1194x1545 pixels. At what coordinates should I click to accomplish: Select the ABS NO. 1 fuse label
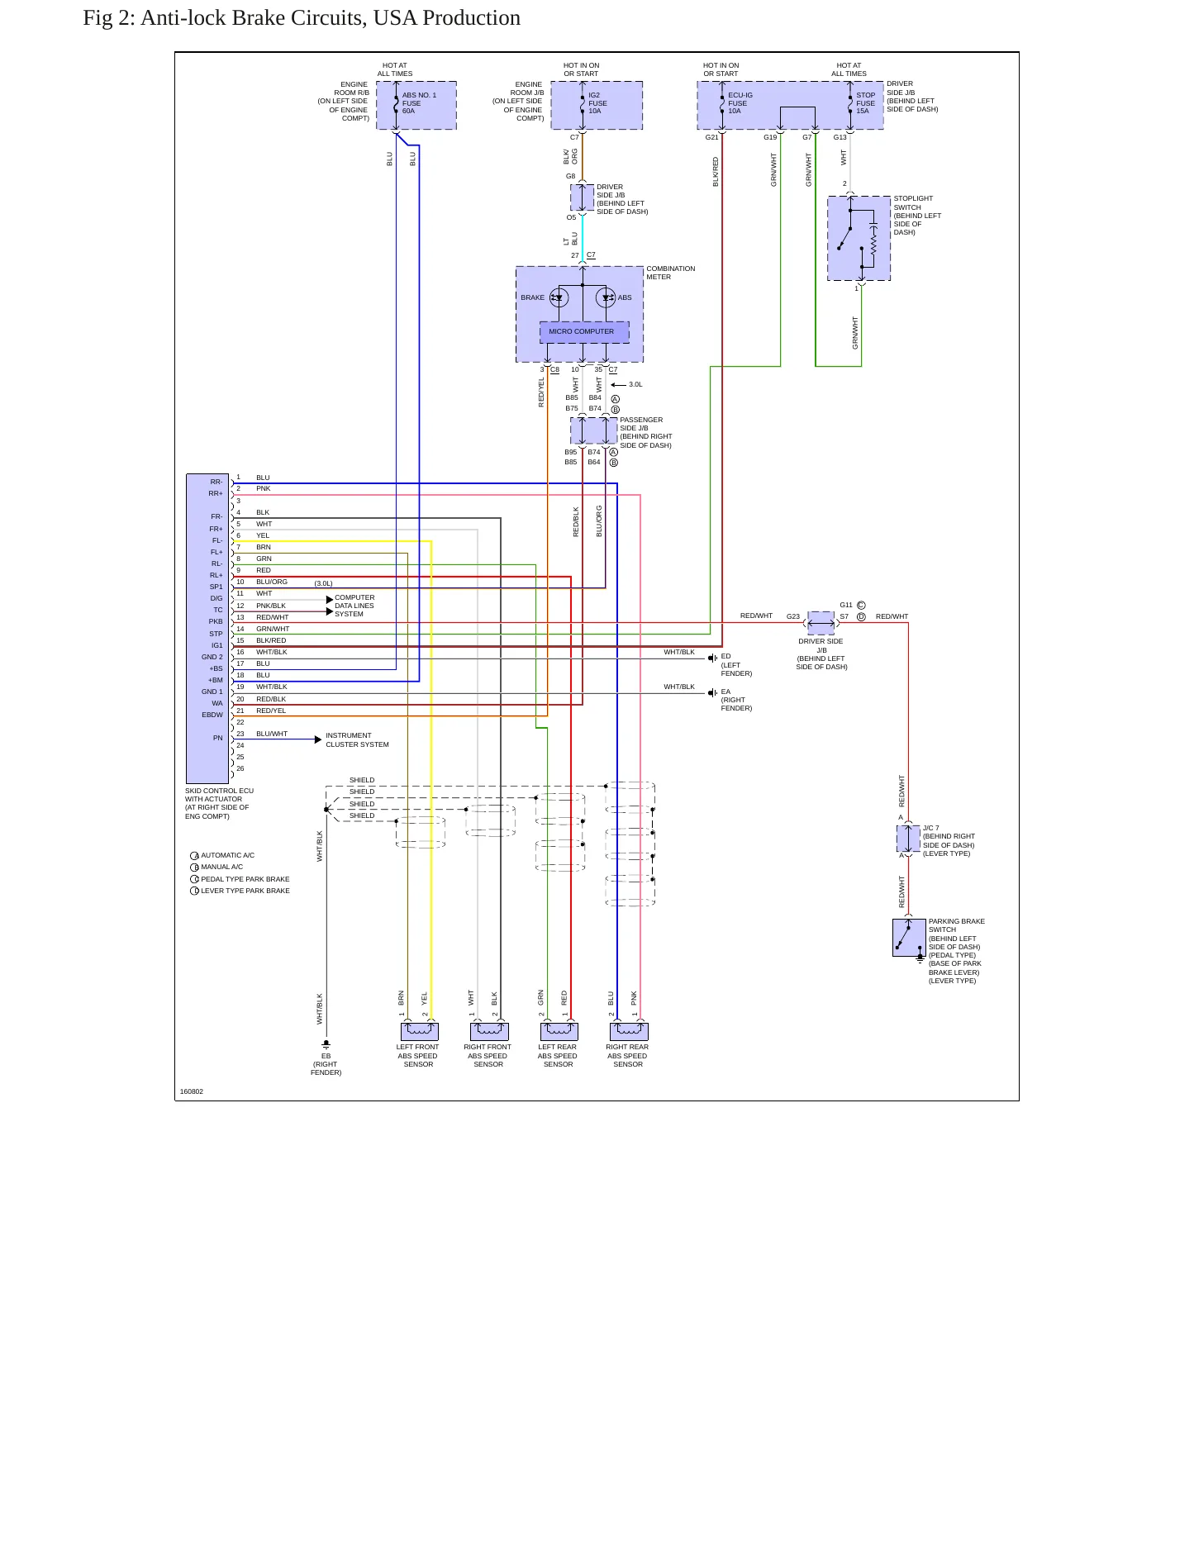click(419, 103)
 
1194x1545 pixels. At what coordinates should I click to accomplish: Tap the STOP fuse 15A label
click(865, 103)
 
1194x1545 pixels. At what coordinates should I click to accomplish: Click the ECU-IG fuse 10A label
click(740, 103)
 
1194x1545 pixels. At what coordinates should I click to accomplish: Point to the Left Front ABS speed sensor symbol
click(419, 1031)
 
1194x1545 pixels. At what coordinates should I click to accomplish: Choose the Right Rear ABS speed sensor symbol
click(628, 1031)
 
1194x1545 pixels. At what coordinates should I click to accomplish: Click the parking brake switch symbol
click(909, 938)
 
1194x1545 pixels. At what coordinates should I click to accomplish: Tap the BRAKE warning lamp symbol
click(559, 297)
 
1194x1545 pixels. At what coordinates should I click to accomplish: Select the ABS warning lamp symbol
click(606, 297)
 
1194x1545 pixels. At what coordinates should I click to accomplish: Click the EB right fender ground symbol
click(326, 1044)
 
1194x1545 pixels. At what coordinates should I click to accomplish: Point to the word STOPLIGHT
click(913, 198)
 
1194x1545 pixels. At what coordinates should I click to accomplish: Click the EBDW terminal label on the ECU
click(212, 715)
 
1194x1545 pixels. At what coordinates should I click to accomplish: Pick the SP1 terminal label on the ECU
click(216, 587)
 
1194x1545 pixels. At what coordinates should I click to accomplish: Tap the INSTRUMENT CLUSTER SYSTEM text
click(357, 739)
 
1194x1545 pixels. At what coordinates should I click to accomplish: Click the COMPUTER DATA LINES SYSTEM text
click(354, 606)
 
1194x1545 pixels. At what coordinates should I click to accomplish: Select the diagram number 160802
click(192, 1091)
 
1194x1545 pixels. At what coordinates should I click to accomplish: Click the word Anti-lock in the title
click(184, 18)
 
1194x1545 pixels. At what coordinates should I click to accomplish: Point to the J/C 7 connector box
click(908, 838)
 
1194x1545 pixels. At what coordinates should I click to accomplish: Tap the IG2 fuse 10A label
click(597, 103)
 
